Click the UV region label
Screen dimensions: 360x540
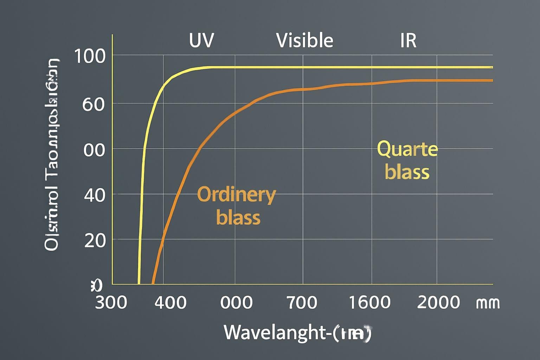201,40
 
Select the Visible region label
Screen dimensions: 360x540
304,40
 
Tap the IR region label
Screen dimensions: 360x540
408,40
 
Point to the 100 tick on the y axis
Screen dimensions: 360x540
90,56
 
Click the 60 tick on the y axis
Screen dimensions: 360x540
94,104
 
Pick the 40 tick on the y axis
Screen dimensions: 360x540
95,195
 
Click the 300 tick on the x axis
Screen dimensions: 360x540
111,302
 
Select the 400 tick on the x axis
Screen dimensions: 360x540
171,302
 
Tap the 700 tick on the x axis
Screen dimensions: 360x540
302,302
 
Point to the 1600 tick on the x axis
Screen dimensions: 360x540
369,302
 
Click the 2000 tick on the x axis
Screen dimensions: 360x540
438,302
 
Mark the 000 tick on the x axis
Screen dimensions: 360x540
236,302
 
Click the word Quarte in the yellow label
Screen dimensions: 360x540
407,149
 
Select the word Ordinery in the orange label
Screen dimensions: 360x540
236,195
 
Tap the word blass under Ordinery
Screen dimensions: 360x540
238,217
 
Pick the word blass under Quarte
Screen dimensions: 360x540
407,172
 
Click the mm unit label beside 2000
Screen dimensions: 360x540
488,302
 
